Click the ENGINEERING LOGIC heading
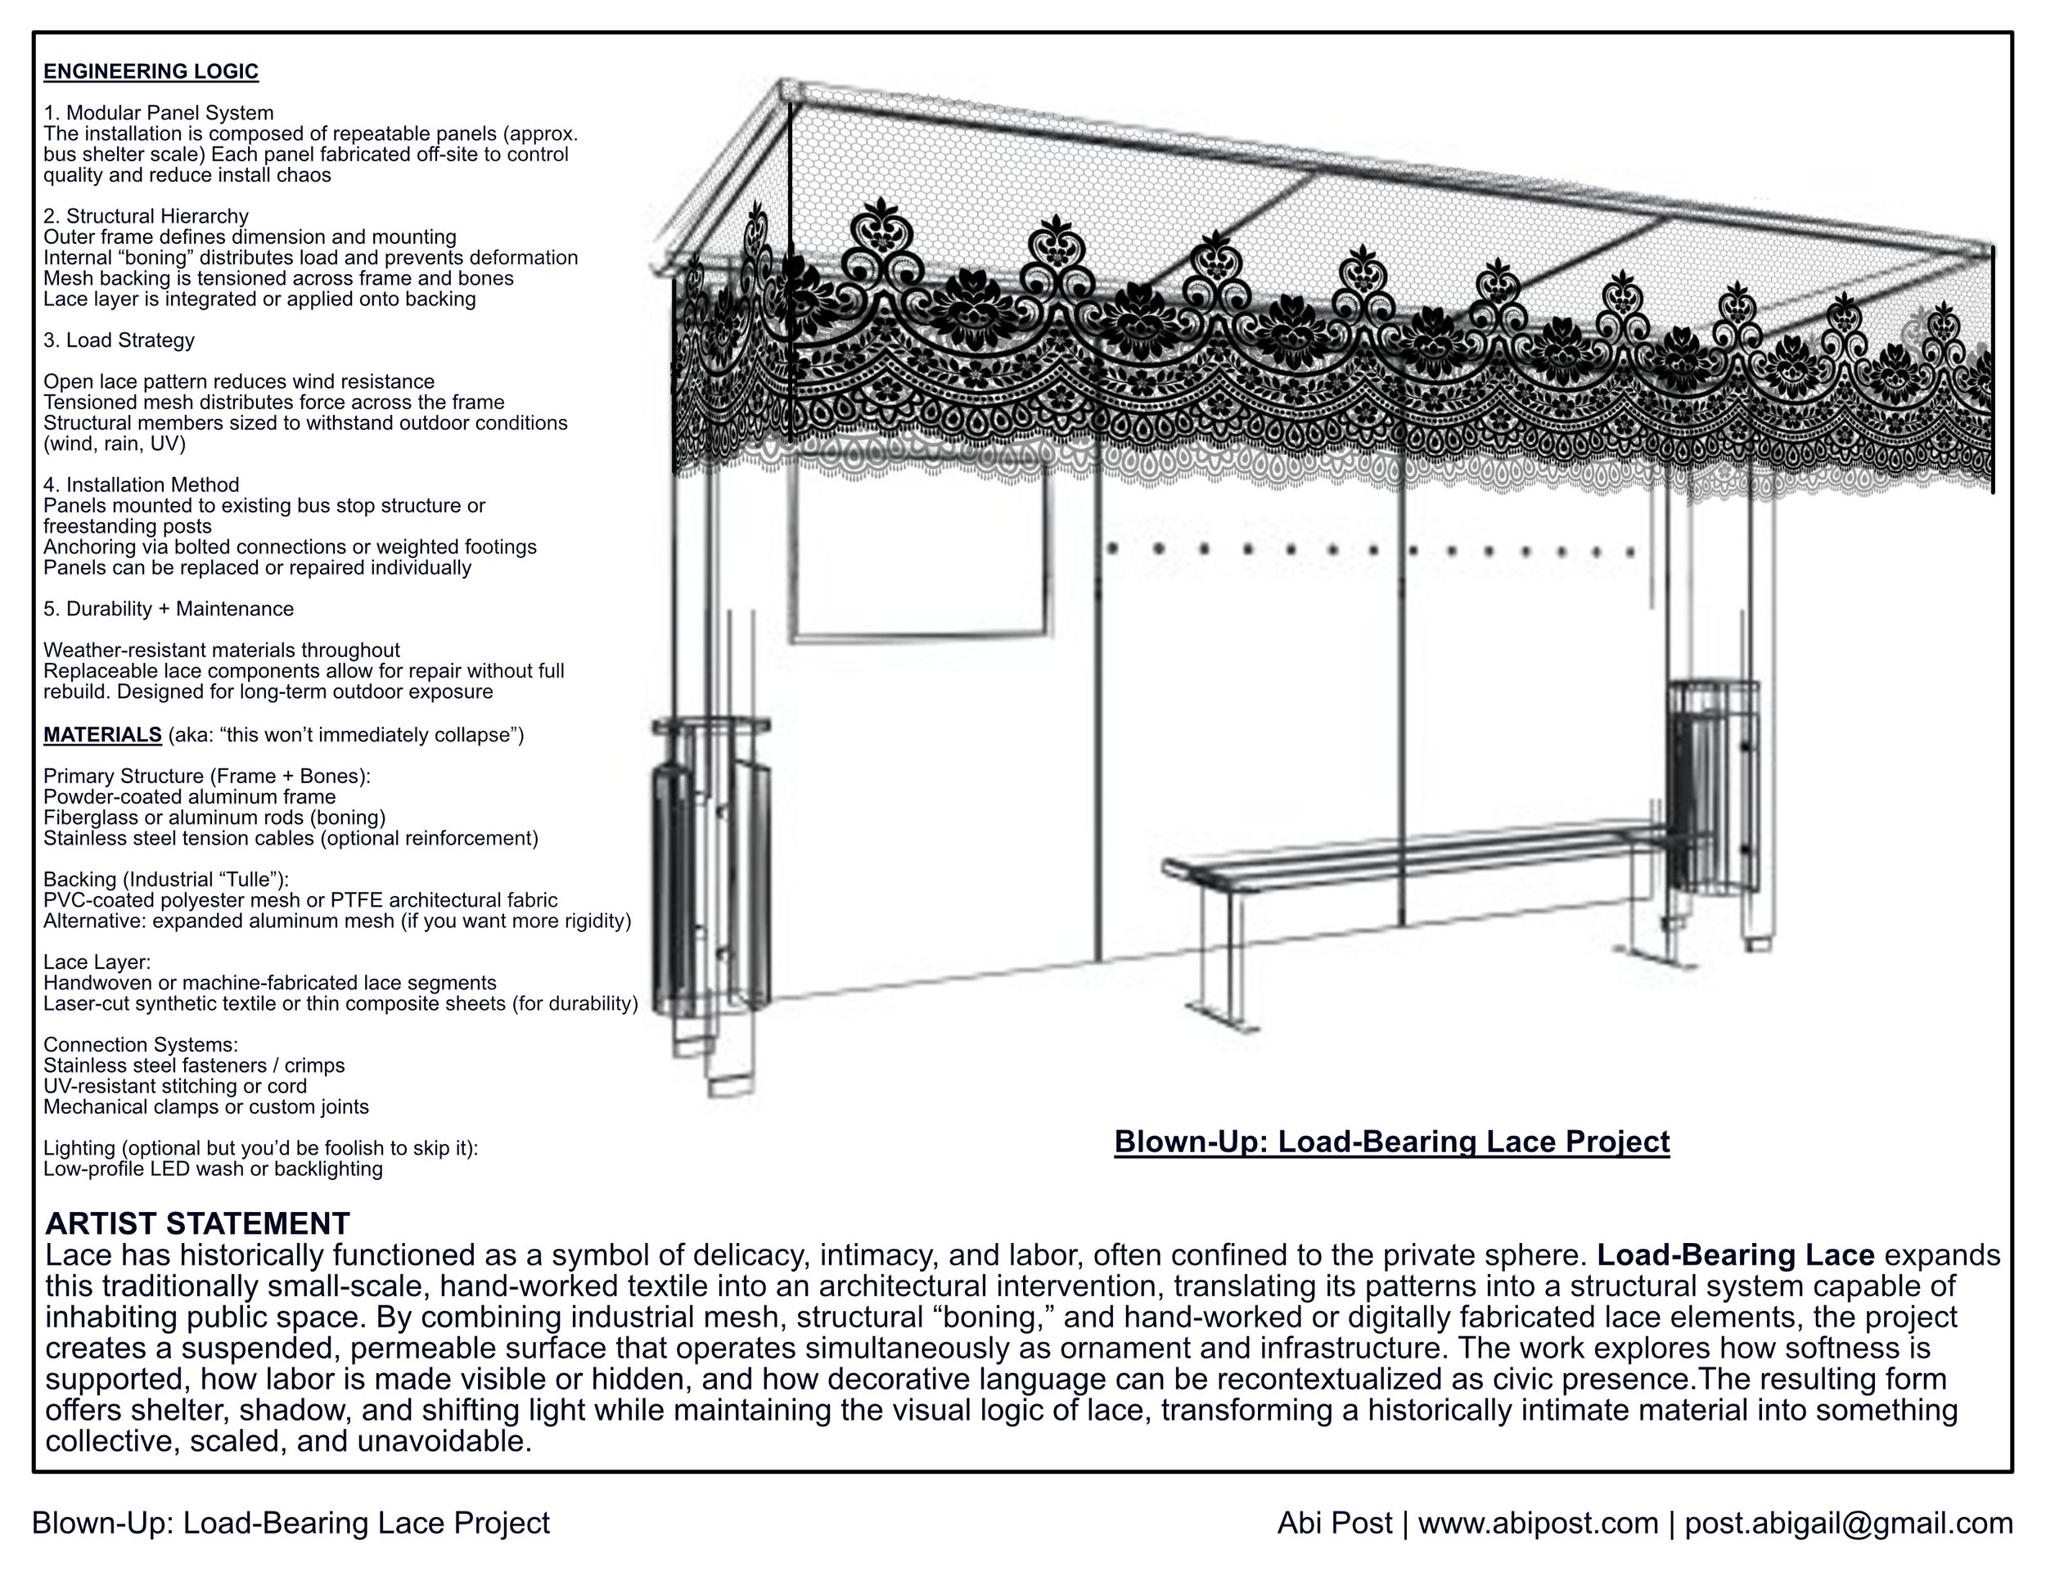pyautogui.click(x=151, y=72)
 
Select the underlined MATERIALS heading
pyautogui.click(x=103, y=734)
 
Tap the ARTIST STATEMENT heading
pyautogui.click(x=198, y=1223)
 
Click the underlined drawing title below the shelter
pyautogui.click(x=1391, y=1142)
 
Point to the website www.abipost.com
pyautogui.click(x=1539, y=1524)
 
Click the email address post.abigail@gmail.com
pyautogui.click(x=1848, y=1524)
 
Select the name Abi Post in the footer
pyautogui.click(x=1334, y=1524)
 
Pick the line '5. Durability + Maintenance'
pyautogui.click(x=169, y=609)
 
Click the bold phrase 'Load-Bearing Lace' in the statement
pyautogui.click(x=1736, y=1255)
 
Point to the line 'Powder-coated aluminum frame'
pyautogui.click(x=189, y=797)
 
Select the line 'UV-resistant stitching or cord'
pyautogui.click(x=175, y=1087)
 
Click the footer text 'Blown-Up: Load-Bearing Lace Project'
pyautogui.click(x=291, y=1524)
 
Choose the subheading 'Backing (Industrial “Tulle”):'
pyautogui.click(x=166, y=880)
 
